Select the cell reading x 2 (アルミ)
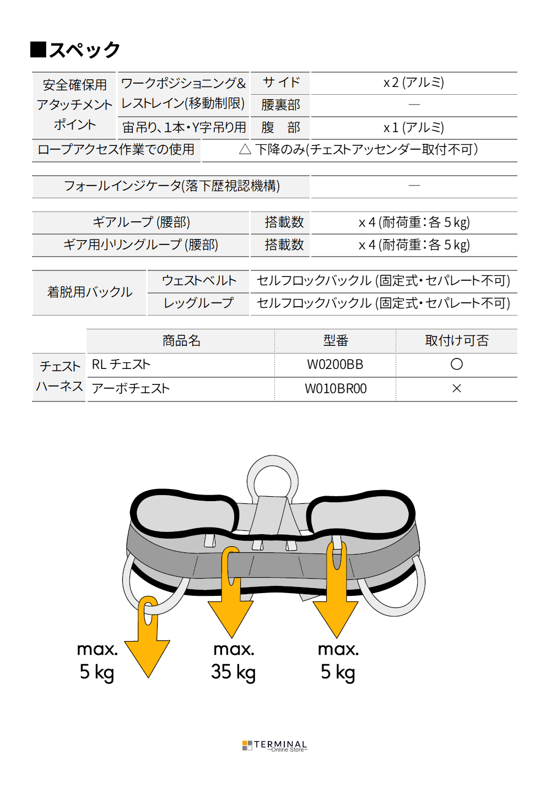tap(413, 83)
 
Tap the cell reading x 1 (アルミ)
tap(413, 127)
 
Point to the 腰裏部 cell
tap(280, 105)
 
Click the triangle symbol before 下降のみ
tap(245, 149)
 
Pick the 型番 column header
tap(336, 340)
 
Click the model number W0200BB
tap(335, 365)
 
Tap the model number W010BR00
tap(336, 388)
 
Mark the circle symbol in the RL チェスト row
tap(456, 364)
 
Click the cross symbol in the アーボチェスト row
tap(456, 388)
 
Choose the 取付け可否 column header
tap(456, 340)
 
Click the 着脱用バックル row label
tap(90, 292)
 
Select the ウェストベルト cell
tap(199, 281)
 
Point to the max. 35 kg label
tap(234, 662)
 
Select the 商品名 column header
tap(181, 340)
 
